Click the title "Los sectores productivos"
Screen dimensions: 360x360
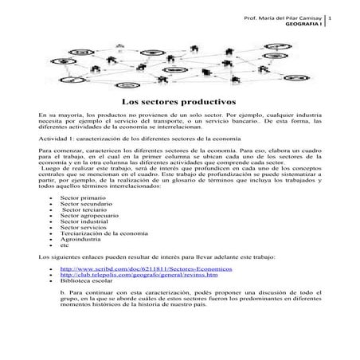point(179,103)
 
